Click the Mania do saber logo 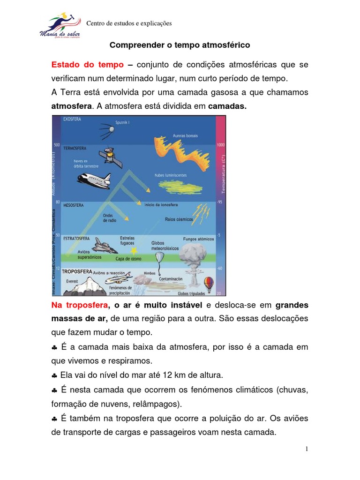click(x=60, y=27)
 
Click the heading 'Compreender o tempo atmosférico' click(x=180, y=45)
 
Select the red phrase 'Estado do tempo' click(x=87, y=65)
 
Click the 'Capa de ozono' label click(x=129, y=258)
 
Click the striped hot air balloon click(x=208, y=283)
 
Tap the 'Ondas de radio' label click(x=109, y=217)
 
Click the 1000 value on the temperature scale click(x=220, y=145)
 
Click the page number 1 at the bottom click(x=307, y=449)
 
